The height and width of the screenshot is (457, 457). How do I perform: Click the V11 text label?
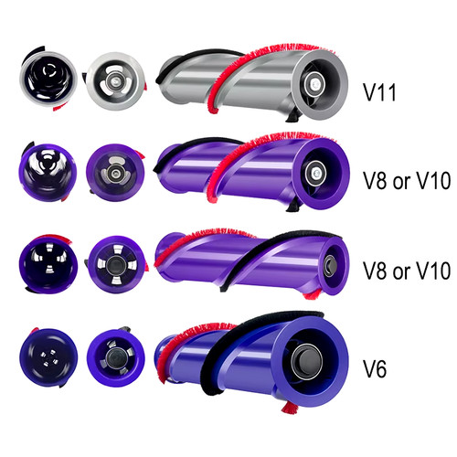[379, 92]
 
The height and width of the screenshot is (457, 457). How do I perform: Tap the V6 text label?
[375, 368]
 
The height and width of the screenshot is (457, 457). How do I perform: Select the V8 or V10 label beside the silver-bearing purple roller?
[407, 180]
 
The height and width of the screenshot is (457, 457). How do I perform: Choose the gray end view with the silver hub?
[115, 81]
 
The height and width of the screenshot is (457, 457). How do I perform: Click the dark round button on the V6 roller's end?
[308, 362]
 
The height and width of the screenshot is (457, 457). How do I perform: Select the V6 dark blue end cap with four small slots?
[48, 357]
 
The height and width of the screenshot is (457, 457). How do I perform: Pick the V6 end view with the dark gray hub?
[116, 357]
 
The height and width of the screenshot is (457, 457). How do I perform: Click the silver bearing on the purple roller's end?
[315, 174]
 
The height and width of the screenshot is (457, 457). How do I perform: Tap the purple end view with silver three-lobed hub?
[115, 173]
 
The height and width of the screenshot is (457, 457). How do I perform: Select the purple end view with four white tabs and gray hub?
[116, 264]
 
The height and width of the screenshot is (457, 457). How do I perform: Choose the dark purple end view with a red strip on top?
[48, 264]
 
